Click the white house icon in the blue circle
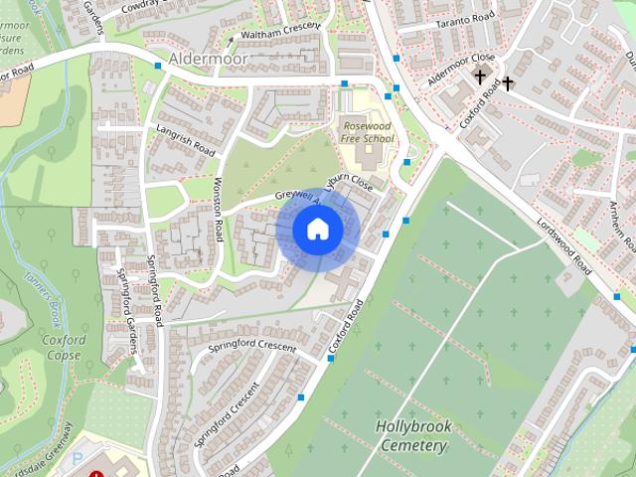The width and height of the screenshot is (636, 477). coord(317,230)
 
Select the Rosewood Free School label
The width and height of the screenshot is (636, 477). coord(367,132)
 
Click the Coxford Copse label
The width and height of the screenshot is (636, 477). coord(64,347)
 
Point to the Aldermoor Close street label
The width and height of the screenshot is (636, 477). coord(461,70)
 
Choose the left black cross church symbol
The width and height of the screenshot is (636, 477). coord(480,76)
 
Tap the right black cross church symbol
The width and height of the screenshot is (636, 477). coord(507,82)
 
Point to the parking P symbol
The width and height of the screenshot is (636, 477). coord(79,460)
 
